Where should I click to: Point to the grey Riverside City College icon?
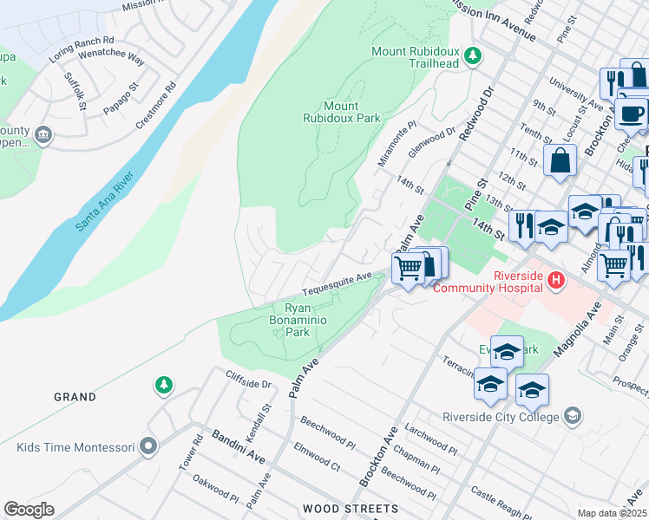572,416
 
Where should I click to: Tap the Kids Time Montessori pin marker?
148,447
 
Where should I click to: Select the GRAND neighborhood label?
75,397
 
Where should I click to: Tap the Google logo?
29,509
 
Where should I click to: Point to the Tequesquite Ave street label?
337,283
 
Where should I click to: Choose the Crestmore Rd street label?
155,106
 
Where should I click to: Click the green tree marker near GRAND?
162,384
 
